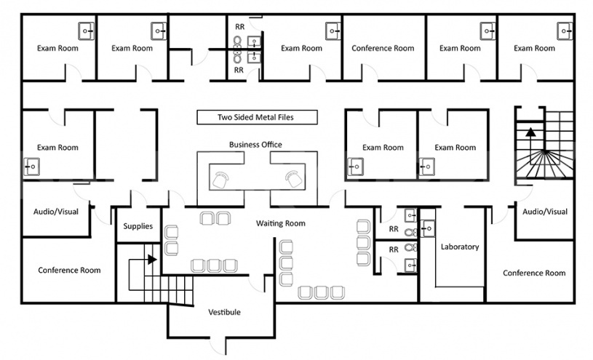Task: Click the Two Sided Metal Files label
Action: point(256,117)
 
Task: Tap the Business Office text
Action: point(255,145)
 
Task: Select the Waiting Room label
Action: point(280,223)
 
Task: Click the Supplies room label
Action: point(138,226)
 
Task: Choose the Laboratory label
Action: point(460,247)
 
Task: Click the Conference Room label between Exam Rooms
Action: point(383,49)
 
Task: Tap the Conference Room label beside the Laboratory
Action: point(534,273)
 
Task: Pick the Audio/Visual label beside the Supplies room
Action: point(56,212)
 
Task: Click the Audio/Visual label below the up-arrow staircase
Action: point(544,212)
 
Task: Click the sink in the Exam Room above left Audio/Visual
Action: point(32,167)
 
